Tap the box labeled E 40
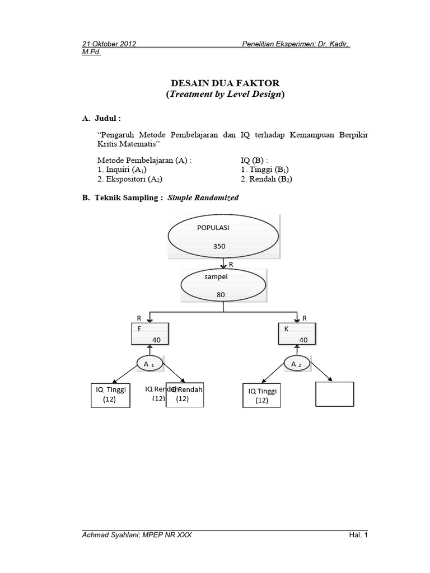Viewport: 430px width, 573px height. tap(149, 335)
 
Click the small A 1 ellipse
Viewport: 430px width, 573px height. tap(149, 364)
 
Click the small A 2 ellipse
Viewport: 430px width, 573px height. tap(297, 364)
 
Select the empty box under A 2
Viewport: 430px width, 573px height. tap(334, 393)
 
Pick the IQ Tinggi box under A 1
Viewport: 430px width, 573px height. tap(110, 395)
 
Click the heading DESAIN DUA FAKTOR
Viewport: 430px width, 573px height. tap(225, 83)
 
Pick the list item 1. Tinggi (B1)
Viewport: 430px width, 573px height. tap(265, 170)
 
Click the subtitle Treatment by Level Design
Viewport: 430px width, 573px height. tap(225, 95)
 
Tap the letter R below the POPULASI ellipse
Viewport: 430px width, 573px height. tap(231, 264)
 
